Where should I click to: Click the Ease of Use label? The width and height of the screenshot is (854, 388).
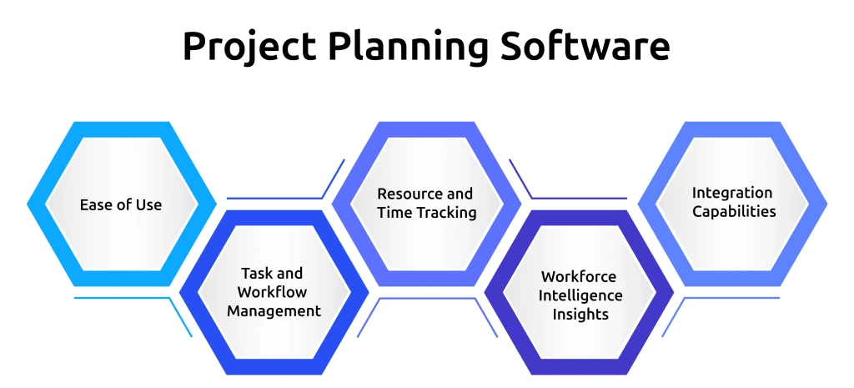tap(121, 204)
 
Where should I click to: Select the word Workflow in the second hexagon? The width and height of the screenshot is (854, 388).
tap(272, 292)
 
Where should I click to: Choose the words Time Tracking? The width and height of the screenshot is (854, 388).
tap(426, 213)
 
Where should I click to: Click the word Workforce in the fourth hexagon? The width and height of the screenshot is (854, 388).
tap(579, 276)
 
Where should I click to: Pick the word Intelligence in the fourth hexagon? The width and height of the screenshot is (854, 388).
tap(580, 295)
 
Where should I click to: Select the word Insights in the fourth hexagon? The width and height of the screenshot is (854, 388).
tap(580, 315)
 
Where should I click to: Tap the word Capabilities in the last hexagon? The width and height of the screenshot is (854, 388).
tap(732, 212)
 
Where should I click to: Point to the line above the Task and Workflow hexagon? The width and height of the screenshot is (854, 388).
tap(275, 198)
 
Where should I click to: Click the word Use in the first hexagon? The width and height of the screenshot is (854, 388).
tap(148, 204)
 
